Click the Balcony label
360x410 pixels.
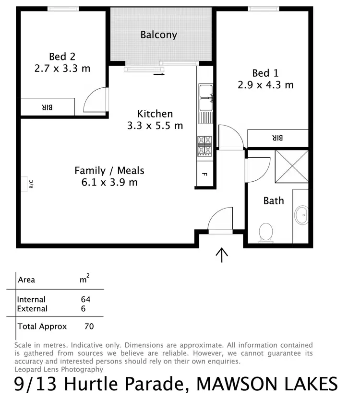[x=158, y=35]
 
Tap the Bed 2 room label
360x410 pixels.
[x=62, y=58]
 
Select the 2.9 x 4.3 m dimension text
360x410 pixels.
[x=265, y=85]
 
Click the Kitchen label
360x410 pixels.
[x=155, y=114]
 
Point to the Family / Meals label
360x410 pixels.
[x=109, y=170]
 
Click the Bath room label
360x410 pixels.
[x=274, y=200]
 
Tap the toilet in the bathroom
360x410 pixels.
[x=265, y=233]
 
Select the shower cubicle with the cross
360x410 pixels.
[x=291, y=166]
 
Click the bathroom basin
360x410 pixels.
[x=302, y=215]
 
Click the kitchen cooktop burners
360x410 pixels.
[x=204, y=146]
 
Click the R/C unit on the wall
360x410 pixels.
[x=24, y=184]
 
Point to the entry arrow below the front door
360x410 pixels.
[x=221, y=255]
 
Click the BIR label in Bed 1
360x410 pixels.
[x=278, y=138]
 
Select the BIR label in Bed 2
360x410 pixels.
[x=47, y=107]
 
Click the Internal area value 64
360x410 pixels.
[x=86, y=300]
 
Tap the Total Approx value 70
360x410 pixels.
[x=88, y=327]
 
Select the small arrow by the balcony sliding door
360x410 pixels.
[x=159, y=74]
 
